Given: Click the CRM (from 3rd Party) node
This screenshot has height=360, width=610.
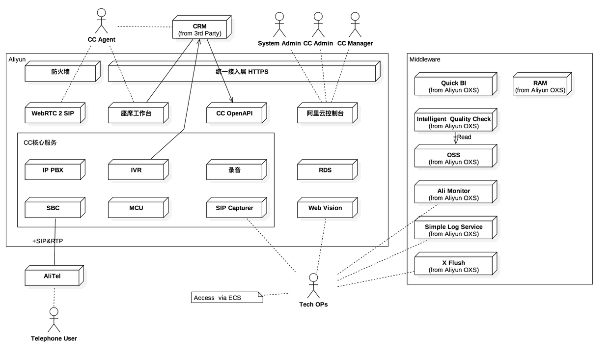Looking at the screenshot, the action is [x=202, y=27].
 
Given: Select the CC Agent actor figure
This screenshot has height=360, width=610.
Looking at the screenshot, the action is [x=101, y=21].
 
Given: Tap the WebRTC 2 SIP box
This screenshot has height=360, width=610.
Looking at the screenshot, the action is [x=55, y=113].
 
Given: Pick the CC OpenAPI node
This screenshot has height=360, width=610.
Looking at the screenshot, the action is [x=236, y=113].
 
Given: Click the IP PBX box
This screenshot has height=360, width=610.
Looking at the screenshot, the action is [x=55, y=169].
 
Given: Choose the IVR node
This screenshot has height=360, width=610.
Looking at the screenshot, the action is [x=138, y=169].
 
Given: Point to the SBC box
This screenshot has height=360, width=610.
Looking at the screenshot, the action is [x=55, y=208].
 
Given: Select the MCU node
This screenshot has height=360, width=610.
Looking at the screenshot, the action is [x=138, y=208].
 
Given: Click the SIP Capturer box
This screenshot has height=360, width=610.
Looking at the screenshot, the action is [x=236, y=208].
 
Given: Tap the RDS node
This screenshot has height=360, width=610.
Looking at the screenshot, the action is [x=327, y=169].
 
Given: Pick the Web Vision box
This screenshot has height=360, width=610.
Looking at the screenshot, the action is [x=327, y=208].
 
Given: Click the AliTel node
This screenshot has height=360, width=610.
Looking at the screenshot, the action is [x=54, y=276].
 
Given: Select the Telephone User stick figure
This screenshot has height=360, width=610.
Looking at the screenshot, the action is [x=54, y=320].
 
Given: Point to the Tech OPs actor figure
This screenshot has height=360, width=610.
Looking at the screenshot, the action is [x=313, y=286].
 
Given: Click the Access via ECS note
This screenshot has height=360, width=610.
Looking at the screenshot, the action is [x=227, y=297].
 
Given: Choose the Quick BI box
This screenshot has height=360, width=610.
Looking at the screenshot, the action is [x=456, y=84].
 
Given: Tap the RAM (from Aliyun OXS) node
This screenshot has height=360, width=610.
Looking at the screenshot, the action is [x=542, y=84].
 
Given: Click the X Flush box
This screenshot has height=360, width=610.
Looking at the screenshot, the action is [x=456, y=264].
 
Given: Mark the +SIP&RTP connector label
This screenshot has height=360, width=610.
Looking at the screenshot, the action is [x=48, y=241].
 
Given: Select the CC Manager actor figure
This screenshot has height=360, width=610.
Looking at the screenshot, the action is [x=355, y=25].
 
